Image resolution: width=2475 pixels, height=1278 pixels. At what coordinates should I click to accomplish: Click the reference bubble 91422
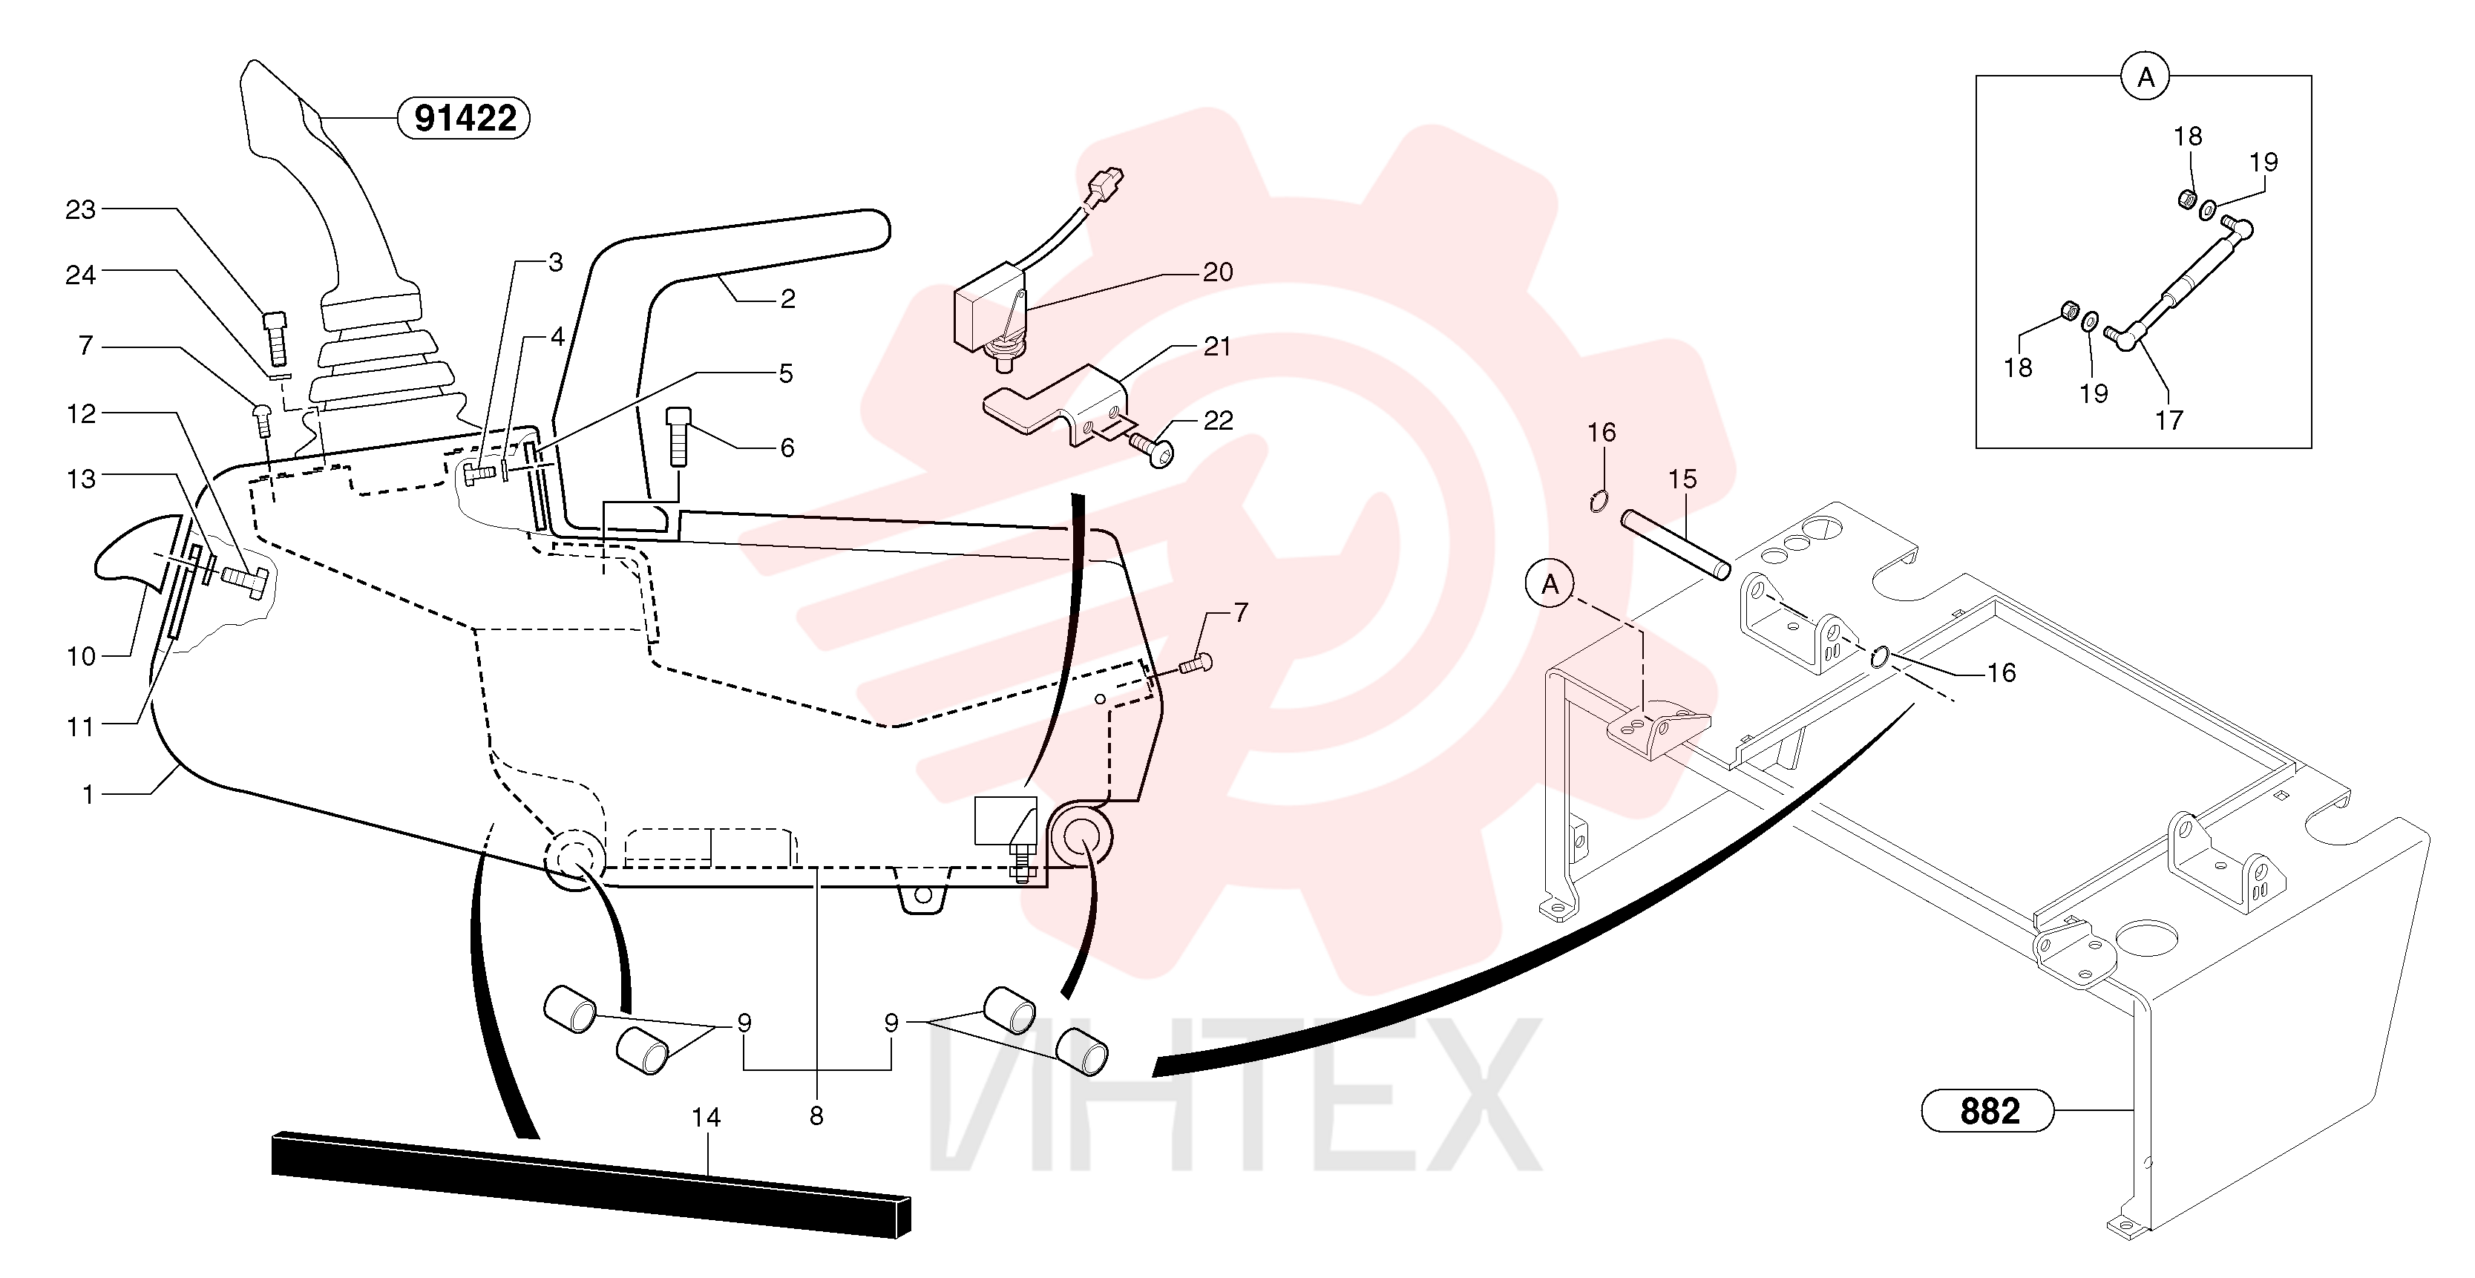464,118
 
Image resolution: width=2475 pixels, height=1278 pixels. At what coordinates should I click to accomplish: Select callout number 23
81,209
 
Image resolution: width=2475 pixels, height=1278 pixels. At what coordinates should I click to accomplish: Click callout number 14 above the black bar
707,1118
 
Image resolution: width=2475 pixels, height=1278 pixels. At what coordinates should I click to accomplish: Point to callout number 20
1219,273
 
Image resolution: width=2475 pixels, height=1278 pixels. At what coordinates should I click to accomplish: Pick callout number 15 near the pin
1682,479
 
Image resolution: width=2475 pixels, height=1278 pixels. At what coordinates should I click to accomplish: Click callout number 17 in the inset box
2169,420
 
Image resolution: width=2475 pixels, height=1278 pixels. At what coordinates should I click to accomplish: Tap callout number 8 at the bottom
816,1116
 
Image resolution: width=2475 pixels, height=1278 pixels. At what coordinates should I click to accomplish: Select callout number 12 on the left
82,414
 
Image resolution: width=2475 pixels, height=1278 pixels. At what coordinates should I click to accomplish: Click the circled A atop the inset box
2145,77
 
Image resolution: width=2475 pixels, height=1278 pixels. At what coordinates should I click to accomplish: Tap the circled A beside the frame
1550,584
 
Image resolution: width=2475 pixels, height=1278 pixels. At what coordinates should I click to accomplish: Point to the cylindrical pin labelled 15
1676,545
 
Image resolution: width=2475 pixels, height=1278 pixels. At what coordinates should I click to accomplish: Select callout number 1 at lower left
88,795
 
